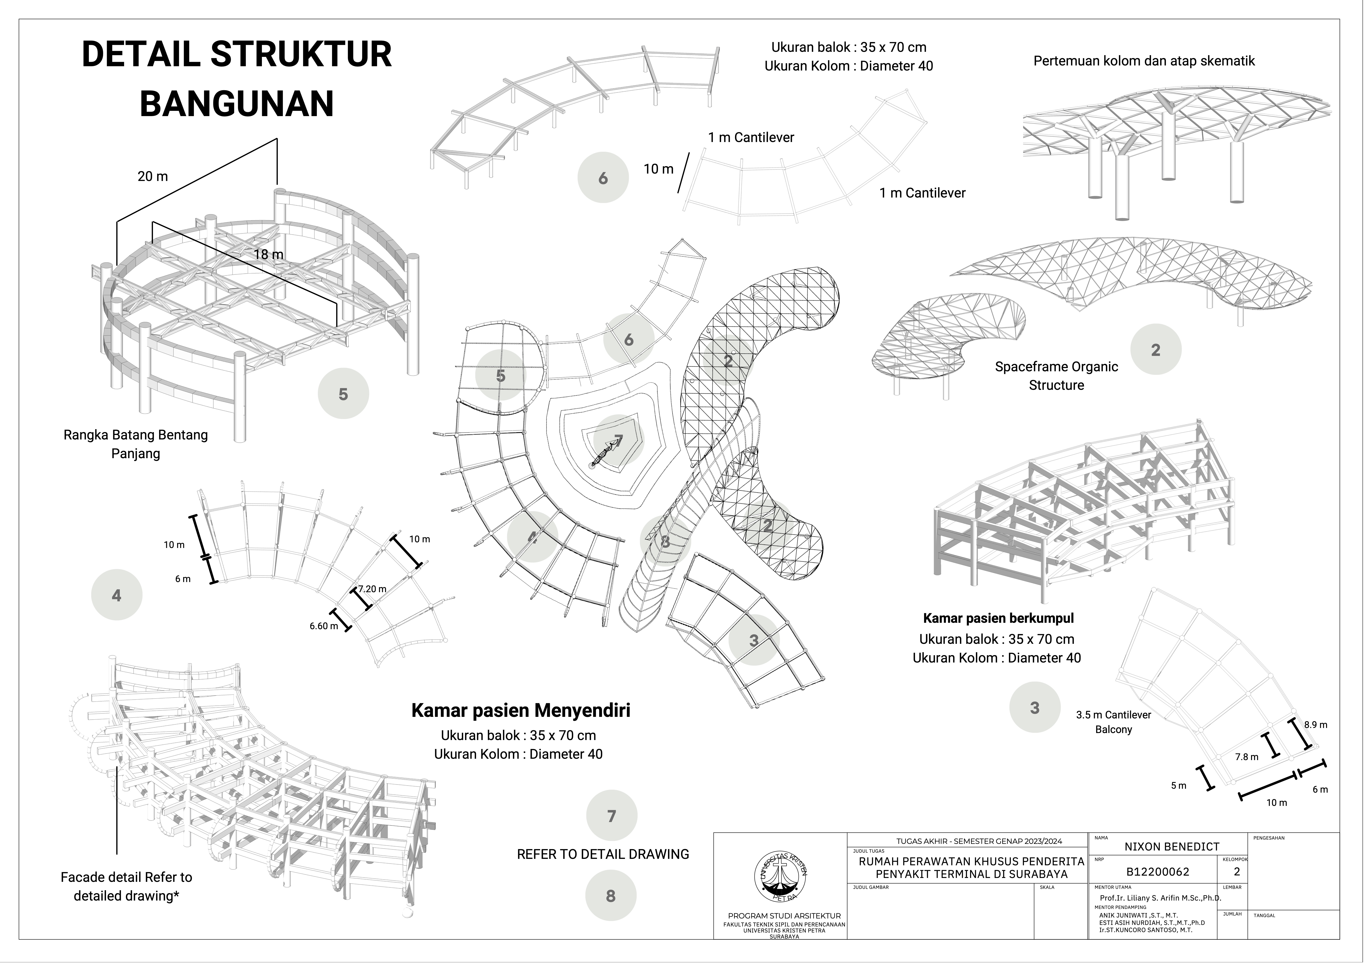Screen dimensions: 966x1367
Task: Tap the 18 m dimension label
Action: click(269, 254)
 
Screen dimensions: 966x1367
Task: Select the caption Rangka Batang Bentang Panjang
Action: click(136, 444)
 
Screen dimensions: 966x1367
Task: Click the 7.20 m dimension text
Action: click(372, 589)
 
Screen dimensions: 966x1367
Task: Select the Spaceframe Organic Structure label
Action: click(1056, 376)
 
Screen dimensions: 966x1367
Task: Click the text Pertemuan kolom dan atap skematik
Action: click(1144, 61)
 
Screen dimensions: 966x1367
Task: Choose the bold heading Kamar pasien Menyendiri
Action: click(520, 710)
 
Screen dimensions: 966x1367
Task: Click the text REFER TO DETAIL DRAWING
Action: click(603, 854)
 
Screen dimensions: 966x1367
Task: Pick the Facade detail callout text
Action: click(126, 886)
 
